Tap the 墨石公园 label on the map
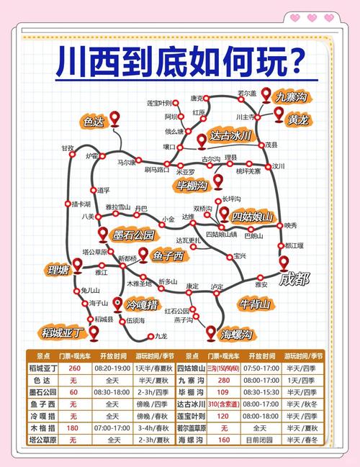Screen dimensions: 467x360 134,235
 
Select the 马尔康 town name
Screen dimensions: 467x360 127,163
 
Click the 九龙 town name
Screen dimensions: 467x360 161,336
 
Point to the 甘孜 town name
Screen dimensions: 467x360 68,148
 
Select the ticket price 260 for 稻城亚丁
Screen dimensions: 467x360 73,368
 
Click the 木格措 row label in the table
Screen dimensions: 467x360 43,427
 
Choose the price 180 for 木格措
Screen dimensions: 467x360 73,427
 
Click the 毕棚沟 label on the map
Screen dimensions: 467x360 192,186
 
